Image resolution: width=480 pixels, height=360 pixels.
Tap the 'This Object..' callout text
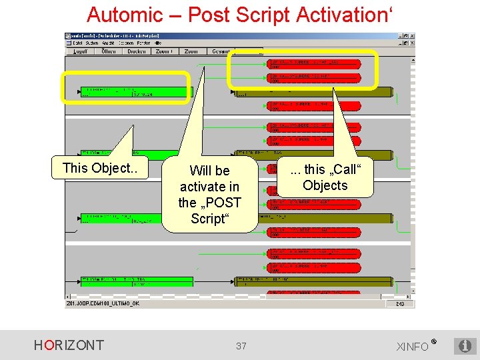coord(100,168)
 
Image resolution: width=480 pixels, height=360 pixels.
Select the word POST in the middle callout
coord(225,203)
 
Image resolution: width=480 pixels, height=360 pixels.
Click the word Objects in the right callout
coord(325,186)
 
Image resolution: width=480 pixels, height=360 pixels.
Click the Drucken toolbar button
coord(137,51)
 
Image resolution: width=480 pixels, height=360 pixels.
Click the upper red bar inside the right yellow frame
coord(314,63)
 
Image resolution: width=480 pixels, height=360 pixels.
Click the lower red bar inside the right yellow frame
coord(314,78)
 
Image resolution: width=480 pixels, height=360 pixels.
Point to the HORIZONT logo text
coord(69,345)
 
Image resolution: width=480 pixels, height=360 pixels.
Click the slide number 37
coord(241,345)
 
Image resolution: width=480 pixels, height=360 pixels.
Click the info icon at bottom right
coord(465,345)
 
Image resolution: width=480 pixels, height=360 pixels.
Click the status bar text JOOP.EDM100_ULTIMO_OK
coord(103,304)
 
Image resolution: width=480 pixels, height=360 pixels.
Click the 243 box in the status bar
coord(399,304)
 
